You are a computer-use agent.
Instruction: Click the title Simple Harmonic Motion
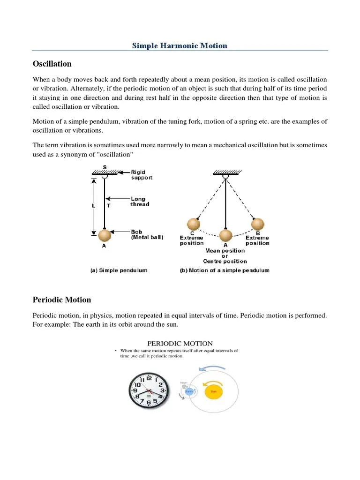(180, 45)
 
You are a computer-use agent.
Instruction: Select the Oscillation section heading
(52, 64)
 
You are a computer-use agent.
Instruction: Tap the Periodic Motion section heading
(61, 300)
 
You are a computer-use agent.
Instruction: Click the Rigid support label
(142, 175)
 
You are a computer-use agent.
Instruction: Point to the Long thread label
(140, 202)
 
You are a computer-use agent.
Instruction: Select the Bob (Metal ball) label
(147, 234)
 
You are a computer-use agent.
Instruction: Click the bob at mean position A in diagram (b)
(225, 235)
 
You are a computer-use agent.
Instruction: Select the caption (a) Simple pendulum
(119, 270)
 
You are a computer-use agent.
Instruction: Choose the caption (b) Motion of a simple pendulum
(225, 270)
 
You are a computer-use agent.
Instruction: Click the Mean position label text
(225, 251)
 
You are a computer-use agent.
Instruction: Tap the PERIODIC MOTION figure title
(180, 344)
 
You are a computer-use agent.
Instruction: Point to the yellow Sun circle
(213, 390)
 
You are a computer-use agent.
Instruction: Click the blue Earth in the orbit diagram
(189, 390)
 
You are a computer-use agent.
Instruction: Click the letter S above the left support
(104, 167)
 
